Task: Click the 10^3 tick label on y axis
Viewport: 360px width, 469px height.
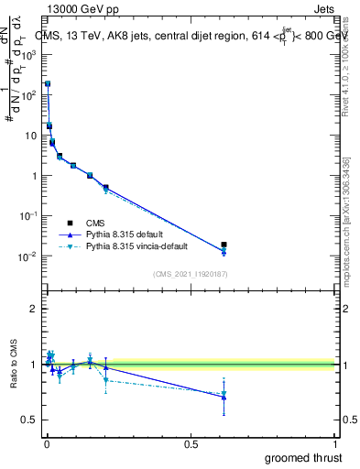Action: [29, 54]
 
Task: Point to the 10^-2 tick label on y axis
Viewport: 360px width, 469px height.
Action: [28, 256]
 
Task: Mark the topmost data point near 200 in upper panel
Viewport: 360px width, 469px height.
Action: [48, 83]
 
